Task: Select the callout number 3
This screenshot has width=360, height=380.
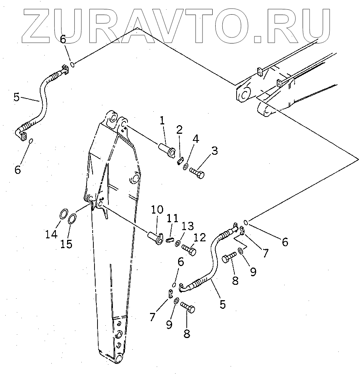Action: pyautogui.click(x=214, y=151)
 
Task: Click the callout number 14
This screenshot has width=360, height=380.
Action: pyautogui.click(x=52, y=234)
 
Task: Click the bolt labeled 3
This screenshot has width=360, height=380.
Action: pyautogui.click(x=197, y=173)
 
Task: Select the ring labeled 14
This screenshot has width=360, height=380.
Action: pyautogui.click(x=64, y=215)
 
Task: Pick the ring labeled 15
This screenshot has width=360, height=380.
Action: pyautogui.click(x=73, y=218)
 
